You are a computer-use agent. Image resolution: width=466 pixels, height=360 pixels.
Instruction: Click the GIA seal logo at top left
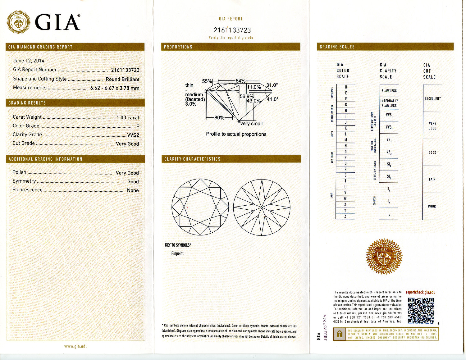point(19,22)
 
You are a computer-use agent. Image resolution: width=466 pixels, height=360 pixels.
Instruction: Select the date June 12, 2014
point(29,61)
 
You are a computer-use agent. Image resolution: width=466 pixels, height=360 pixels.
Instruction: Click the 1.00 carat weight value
point(128,117)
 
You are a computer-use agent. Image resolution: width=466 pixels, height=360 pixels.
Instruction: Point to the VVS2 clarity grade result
point(133,135)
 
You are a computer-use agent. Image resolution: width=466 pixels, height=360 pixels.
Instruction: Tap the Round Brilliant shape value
point(122,79)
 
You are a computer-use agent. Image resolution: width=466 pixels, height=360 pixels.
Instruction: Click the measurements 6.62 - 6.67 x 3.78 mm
point(115,88)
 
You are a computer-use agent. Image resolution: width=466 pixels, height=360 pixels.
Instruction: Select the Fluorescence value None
point(133,190)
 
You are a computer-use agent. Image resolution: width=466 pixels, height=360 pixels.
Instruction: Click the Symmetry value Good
point(133,181)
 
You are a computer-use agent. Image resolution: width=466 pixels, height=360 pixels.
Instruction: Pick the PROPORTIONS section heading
point(178,47)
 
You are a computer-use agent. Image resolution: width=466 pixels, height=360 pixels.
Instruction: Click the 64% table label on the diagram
point(240,81)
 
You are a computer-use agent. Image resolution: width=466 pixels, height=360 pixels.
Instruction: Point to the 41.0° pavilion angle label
point(272,99)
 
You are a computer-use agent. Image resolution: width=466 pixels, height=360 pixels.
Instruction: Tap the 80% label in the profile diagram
point(219,118)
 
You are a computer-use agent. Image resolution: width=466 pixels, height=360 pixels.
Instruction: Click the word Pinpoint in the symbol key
point(177,253)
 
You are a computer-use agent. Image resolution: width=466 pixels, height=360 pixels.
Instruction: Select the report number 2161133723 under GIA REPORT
point(232,30)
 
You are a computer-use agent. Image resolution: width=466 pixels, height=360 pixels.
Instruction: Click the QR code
point(421,310)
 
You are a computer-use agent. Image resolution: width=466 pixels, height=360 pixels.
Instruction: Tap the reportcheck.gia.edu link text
point(420,292)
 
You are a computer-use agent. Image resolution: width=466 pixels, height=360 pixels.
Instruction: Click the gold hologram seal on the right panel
point(384,257)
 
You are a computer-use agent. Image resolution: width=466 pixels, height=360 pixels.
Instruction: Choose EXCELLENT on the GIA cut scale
point(432,98)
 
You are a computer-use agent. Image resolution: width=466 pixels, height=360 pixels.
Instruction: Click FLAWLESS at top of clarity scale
point(389,91)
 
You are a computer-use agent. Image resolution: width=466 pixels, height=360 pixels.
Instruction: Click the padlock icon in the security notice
point(340,334)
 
